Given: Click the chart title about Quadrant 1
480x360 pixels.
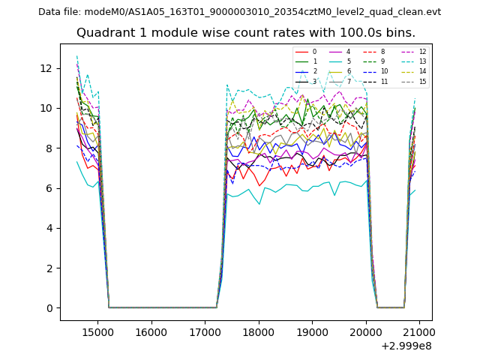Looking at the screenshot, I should pos(256,33).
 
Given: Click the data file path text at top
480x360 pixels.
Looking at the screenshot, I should pos(239,12).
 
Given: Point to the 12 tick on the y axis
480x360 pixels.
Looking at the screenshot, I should pos(46,68).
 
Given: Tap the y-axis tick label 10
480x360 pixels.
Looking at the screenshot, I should pos(46,108).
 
